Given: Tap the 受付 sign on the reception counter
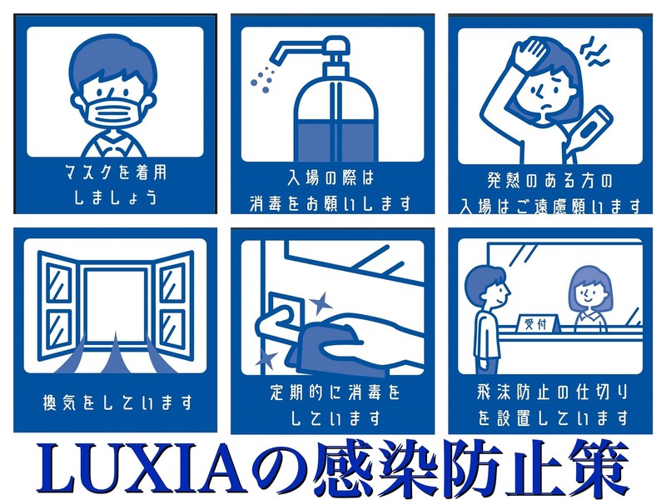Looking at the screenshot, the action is (x=536, y=323).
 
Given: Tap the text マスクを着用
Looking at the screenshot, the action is (x=116, y=172).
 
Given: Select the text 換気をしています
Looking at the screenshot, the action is (x=117, y=402).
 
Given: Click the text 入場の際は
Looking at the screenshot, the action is (x=331, y=177).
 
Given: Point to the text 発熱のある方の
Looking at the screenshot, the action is (x=549, y=181).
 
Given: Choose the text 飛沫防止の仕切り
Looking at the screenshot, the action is (x=552, y=392).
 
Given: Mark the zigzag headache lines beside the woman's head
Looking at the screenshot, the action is (x=594, y=52).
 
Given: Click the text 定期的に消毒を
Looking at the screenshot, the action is (x=335, y=392).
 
